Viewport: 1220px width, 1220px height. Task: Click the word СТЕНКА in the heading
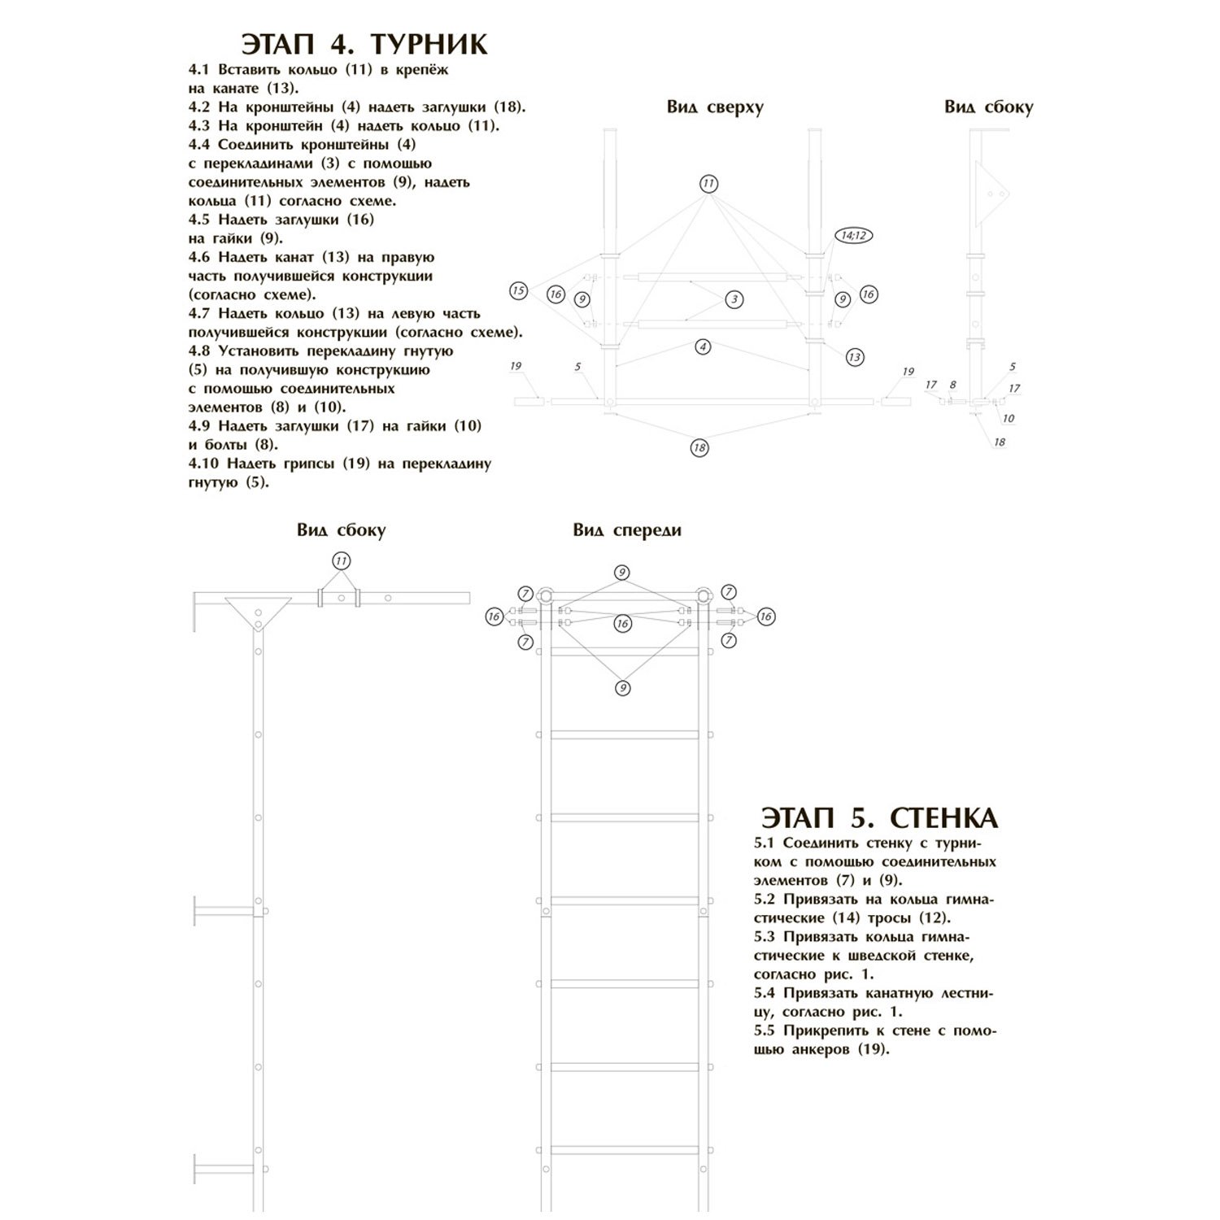(x=944, y=817)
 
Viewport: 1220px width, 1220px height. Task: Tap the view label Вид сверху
(x=715, y=107)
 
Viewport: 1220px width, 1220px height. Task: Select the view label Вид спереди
(x=626, y=530)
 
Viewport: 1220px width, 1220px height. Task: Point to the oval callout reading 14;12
(x=852, y=236)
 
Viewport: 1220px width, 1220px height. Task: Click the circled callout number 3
(x=734, y=299)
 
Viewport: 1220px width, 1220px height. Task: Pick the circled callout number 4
(x=703, y=346)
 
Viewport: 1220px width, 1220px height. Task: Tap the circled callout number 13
(x=854, y=356)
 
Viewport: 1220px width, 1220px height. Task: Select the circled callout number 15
(x=518, y=290)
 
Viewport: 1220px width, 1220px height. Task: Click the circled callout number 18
(x=699, y=447)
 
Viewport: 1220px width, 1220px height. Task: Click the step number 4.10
(x=204, y=464)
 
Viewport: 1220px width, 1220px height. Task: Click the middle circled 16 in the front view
(x=622, y=624)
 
